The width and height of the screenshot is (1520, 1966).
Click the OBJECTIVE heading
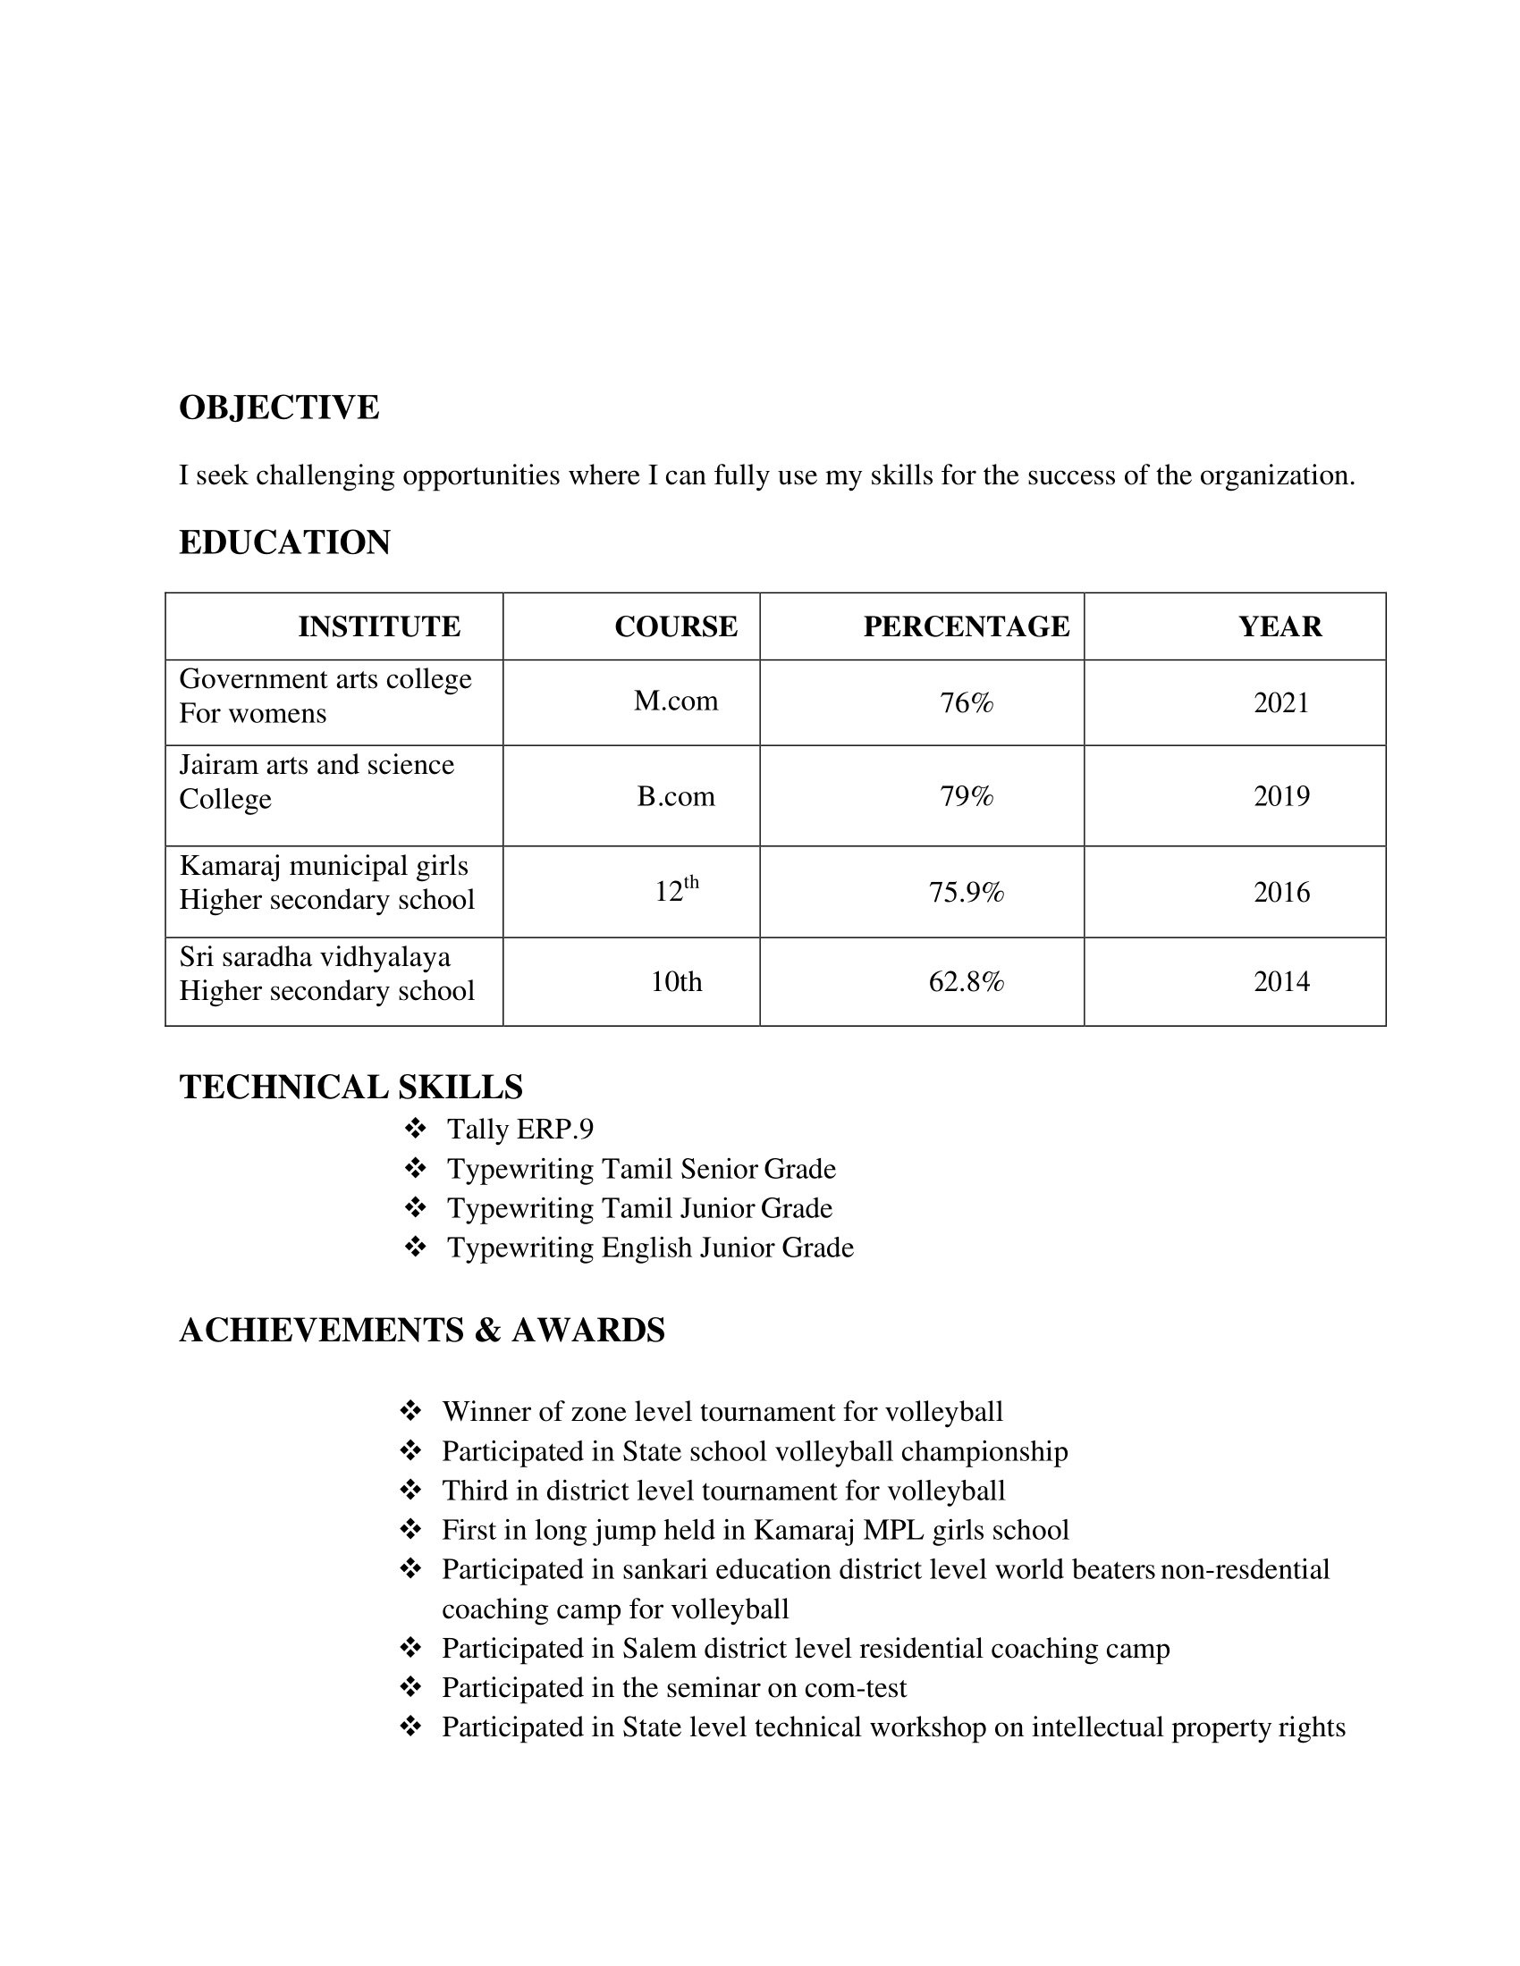pos(279,407)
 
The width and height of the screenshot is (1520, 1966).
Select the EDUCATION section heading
pos(284,542)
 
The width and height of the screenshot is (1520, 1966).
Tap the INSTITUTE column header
pos(379,626)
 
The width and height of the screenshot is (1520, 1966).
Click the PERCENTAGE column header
pos(967,626)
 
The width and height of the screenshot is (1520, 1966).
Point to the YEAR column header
pos(1279,626)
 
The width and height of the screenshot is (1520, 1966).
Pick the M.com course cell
pos(675,701)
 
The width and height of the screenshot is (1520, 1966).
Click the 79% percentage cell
pos(967,795)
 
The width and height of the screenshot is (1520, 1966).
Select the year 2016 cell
pos(1281,892)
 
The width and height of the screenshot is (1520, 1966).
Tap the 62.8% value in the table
pos(967,981)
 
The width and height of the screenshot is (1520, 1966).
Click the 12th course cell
pos(676,890)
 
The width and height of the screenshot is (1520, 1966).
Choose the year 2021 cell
pos(1281,702)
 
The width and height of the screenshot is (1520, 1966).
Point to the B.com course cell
pos(675,795)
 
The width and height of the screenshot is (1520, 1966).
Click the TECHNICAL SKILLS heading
pos(351,1088)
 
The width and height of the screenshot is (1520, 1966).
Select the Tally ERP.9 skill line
pos(520,1129)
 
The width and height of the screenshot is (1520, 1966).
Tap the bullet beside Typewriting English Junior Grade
pos(415,1248)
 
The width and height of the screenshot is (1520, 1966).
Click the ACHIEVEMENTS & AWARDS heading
pos(422,1331)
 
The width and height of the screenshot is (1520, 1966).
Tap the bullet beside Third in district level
pos(410,1491)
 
